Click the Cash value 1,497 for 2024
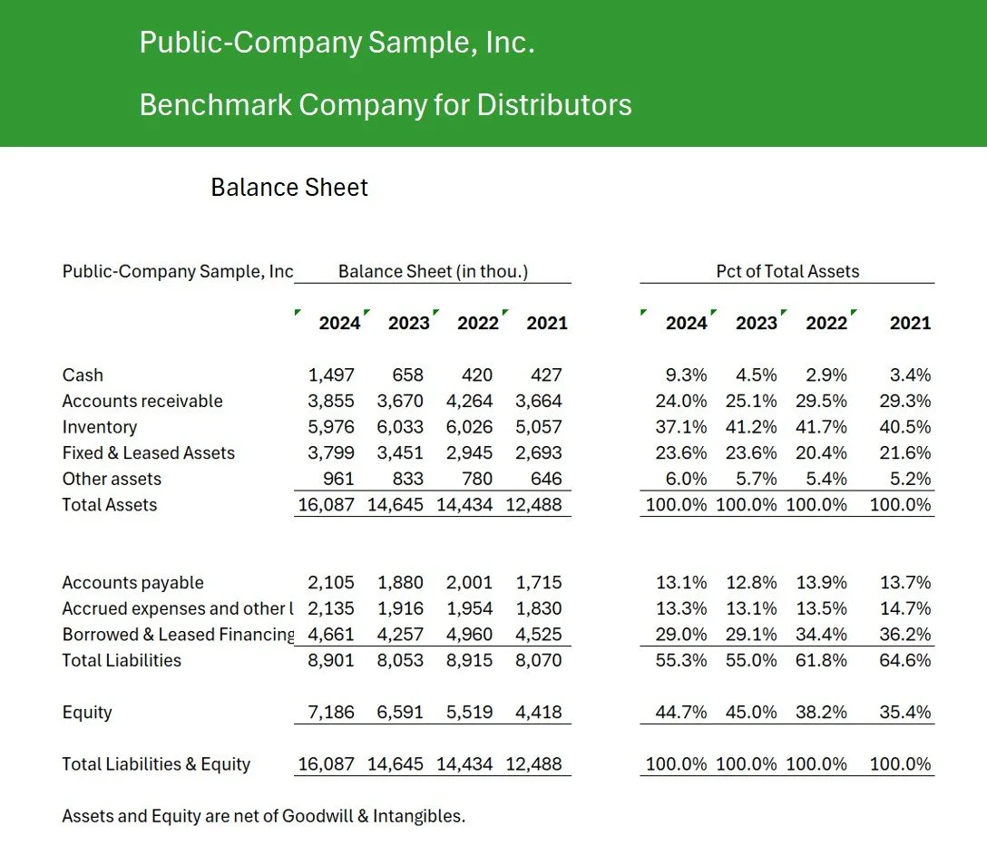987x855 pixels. pyautogui.click(x=331, y=375)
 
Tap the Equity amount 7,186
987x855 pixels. pyautogui.click(x=331, y=713)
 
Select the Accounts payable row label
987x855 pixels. pyautogui.click(x=132, y=583)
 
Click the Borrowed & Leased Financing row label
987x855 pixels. pyautogui.click(x=178, y=635)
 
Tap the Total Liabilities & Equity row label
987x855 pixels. pyautogui.click(x=156, y=764)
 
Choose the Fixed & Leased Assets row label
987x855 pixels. pyautogui.click(x=148, y=453)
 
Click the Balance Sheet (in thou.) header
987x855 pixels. pyautogui.click(x=433, y=271)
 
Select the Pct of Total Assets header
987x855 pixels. pyautogui.click(x=787, y=271)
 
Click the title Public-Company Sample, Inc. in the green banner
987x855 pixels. pyautogui.click(x=337, y=43)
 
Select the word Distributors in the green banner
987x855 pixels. pyautogui.click(x=554, y=105)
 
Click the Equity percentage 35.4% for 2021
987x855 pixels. pyautogui.click(x=905, y=713)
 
